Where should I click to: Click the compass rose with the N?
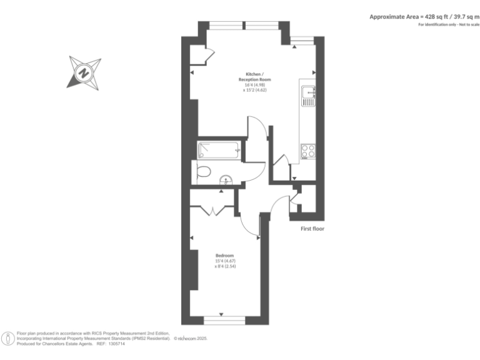tap(84, 72)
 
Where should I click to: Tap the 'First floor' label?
tap(312, 229)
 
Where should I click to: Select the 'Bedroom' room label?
tap(224, 256)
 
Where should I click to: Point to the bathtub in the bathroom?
tap(219, 150)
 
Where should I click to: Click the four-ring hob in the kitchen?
tap(308, 151)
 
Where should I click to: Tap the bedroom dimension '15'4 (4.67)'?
tap(224, 261)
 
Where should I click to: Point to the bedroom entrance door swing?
tap(251, 226)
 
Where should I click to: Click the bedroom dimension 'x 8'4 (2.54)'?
tap(224, 267)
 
